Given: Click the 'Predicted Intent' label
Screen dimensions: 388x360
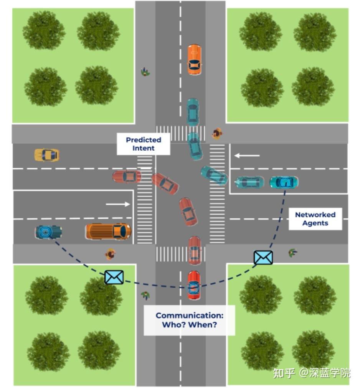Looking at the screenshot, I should tap(143, 144).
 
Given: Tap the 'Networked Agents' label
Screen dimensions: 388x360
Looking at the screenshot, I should tap(315, 219).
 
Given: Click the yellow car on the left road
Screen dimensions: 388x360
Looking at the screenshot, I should tap(46, 155).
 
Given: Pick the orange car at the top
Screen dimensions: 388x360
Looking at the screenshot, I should tap(194, 59).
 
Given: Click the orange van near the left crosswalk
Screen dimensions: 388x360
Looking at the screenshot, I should tap(108, 231).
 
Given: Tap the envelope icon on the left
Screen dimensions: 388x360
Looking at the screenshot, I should tap(114, 277).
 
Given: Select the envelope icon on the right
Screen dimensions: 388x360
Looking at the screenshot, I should tap(263, 258).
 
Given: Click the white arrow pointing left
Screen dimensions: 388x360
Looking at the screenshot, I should tap(247, 156).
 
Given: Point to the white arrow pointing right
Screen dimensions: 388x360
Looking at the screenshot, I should tap(118, 204).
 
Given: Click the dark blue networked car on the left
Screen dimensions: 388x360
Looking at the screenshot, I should tap(48, 232).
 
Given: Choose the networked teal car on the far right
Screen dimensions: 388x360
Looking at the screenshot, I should tap(284, 182).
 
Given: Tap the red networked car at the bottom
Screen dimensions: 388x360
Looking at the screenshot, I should tap(194, 285).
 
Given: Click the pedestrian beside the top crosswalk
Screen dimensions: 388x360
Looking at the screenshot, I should tap(217, 133).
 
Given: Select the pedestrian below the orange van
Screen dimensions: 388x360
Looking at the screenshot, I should tap(111, 254).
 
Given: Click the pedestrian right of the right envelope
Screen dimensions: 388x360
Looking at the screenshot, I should tap(292, 252).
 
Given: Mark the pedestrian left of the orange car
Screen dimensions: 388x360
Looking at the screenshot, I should tap(145, 72).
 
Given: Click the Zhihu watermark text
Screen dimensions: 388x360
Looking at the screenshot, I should tap(311, 373).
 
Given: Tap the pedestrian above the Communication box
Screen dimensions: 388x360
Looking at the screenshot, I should tap(145, 295).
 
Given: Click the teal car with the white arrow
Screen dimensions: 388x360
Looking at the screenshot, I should tap(249, 182).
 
